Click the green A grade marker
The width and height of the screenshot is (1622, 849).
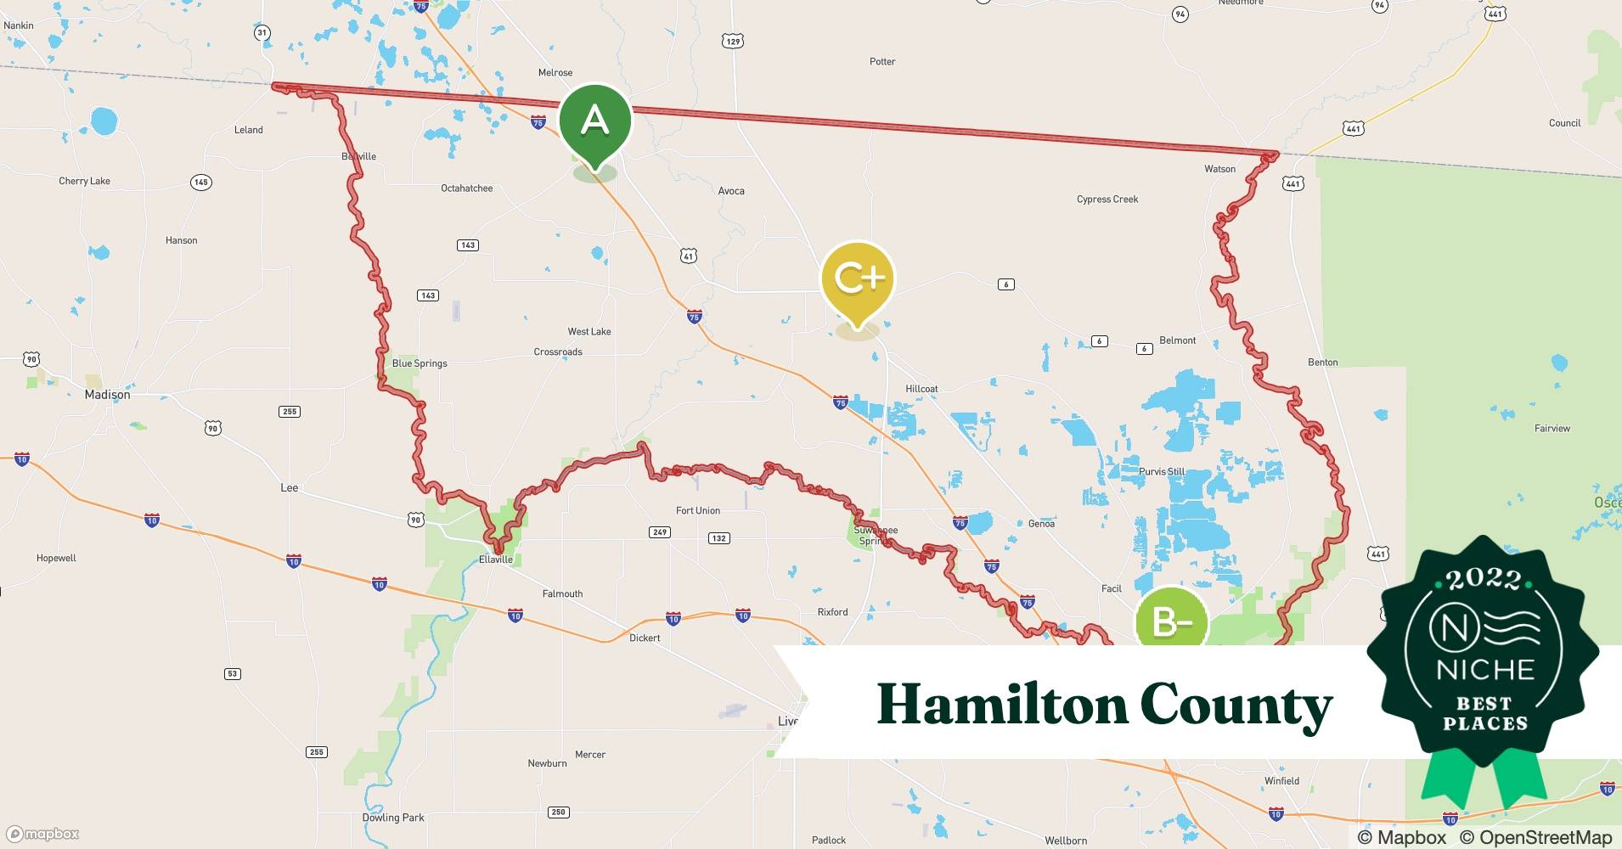click(594, 122)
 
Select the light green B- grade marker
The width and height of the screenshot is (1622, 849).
click(1171, 622)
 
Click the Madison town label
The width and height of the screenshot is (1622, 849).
click(107, 395)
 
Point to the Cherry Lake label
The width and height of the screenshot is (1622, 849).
click(84, 181)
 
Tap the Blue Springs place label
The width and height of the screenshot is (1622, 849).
click(419, 363)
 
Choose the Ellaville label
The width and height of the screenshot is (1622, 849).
click(496, 559)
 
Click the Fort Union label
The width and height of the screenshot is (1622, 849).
click(697, 510)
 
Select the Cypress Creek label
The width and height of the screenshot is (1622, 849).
click(1107, 200)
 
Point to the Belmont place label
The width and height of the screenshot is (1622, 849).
click(1177, 340)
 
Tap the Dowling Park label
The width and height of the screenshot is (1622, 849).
click(393, 818)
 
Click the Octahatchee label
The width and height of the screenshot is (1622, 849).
click(466, 188)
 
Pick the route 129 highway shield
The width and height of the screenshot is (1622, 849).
click(733, 41)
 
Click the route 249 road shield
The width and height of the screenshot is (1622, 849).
click(660, 532)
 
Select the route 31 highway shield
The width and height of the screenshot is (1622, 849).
click(262, 33)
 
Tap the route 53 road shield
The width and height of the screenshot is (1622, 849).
click(232, 674)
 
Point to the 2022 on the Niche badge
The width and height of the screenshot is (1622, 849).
click(1484, 580)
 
